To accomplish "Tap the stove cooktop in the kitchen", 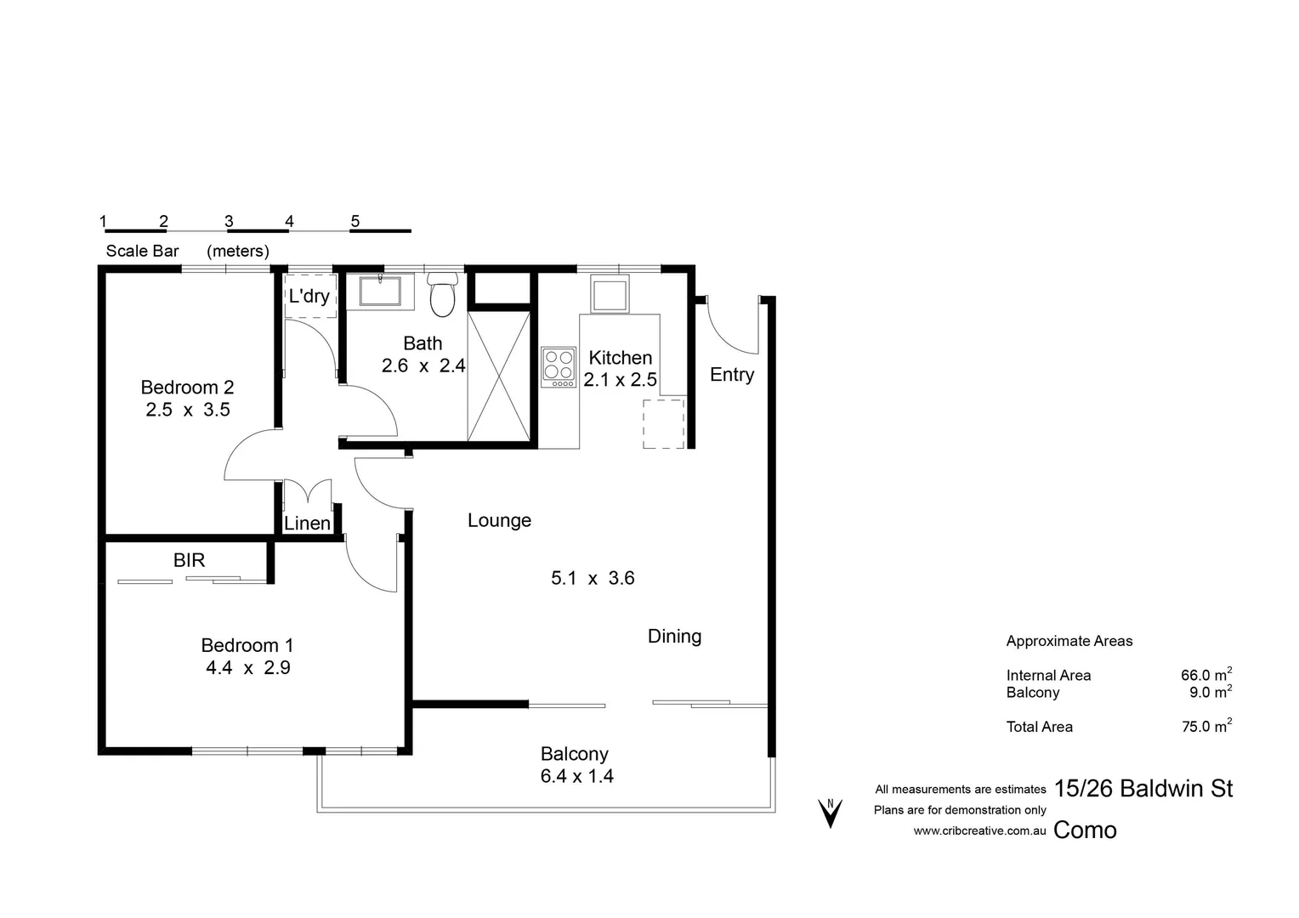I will coord(559,366).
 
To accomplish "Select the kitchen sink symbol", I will coord(610,294).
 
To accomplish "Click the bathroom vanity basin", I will coord(380,290).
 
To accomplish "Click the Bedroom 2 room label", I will coord(187,388).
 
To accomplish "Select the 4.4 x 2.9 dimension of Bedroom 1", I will coord(247,668).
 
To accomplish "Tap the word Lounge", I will coord(499,520).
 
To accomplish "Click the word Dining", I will coord(674,636).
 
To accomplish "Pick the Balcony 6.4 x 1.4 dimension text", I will coord(576,776).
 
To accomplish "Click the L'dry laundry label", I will coord(309,296).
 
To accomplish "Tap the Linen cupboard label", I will coord(307,524).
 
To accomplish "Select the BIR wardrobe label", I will coord(189,560).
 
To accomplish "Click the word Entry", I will coord(731,375).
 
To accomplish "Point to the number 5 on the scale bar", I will coord(355,221).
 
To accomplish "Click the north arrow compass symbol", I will coord(830,813).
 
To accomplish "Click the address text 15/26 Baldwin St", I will coord(1143,789).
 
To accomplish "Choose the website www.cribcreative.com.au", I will coord(979,830).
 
